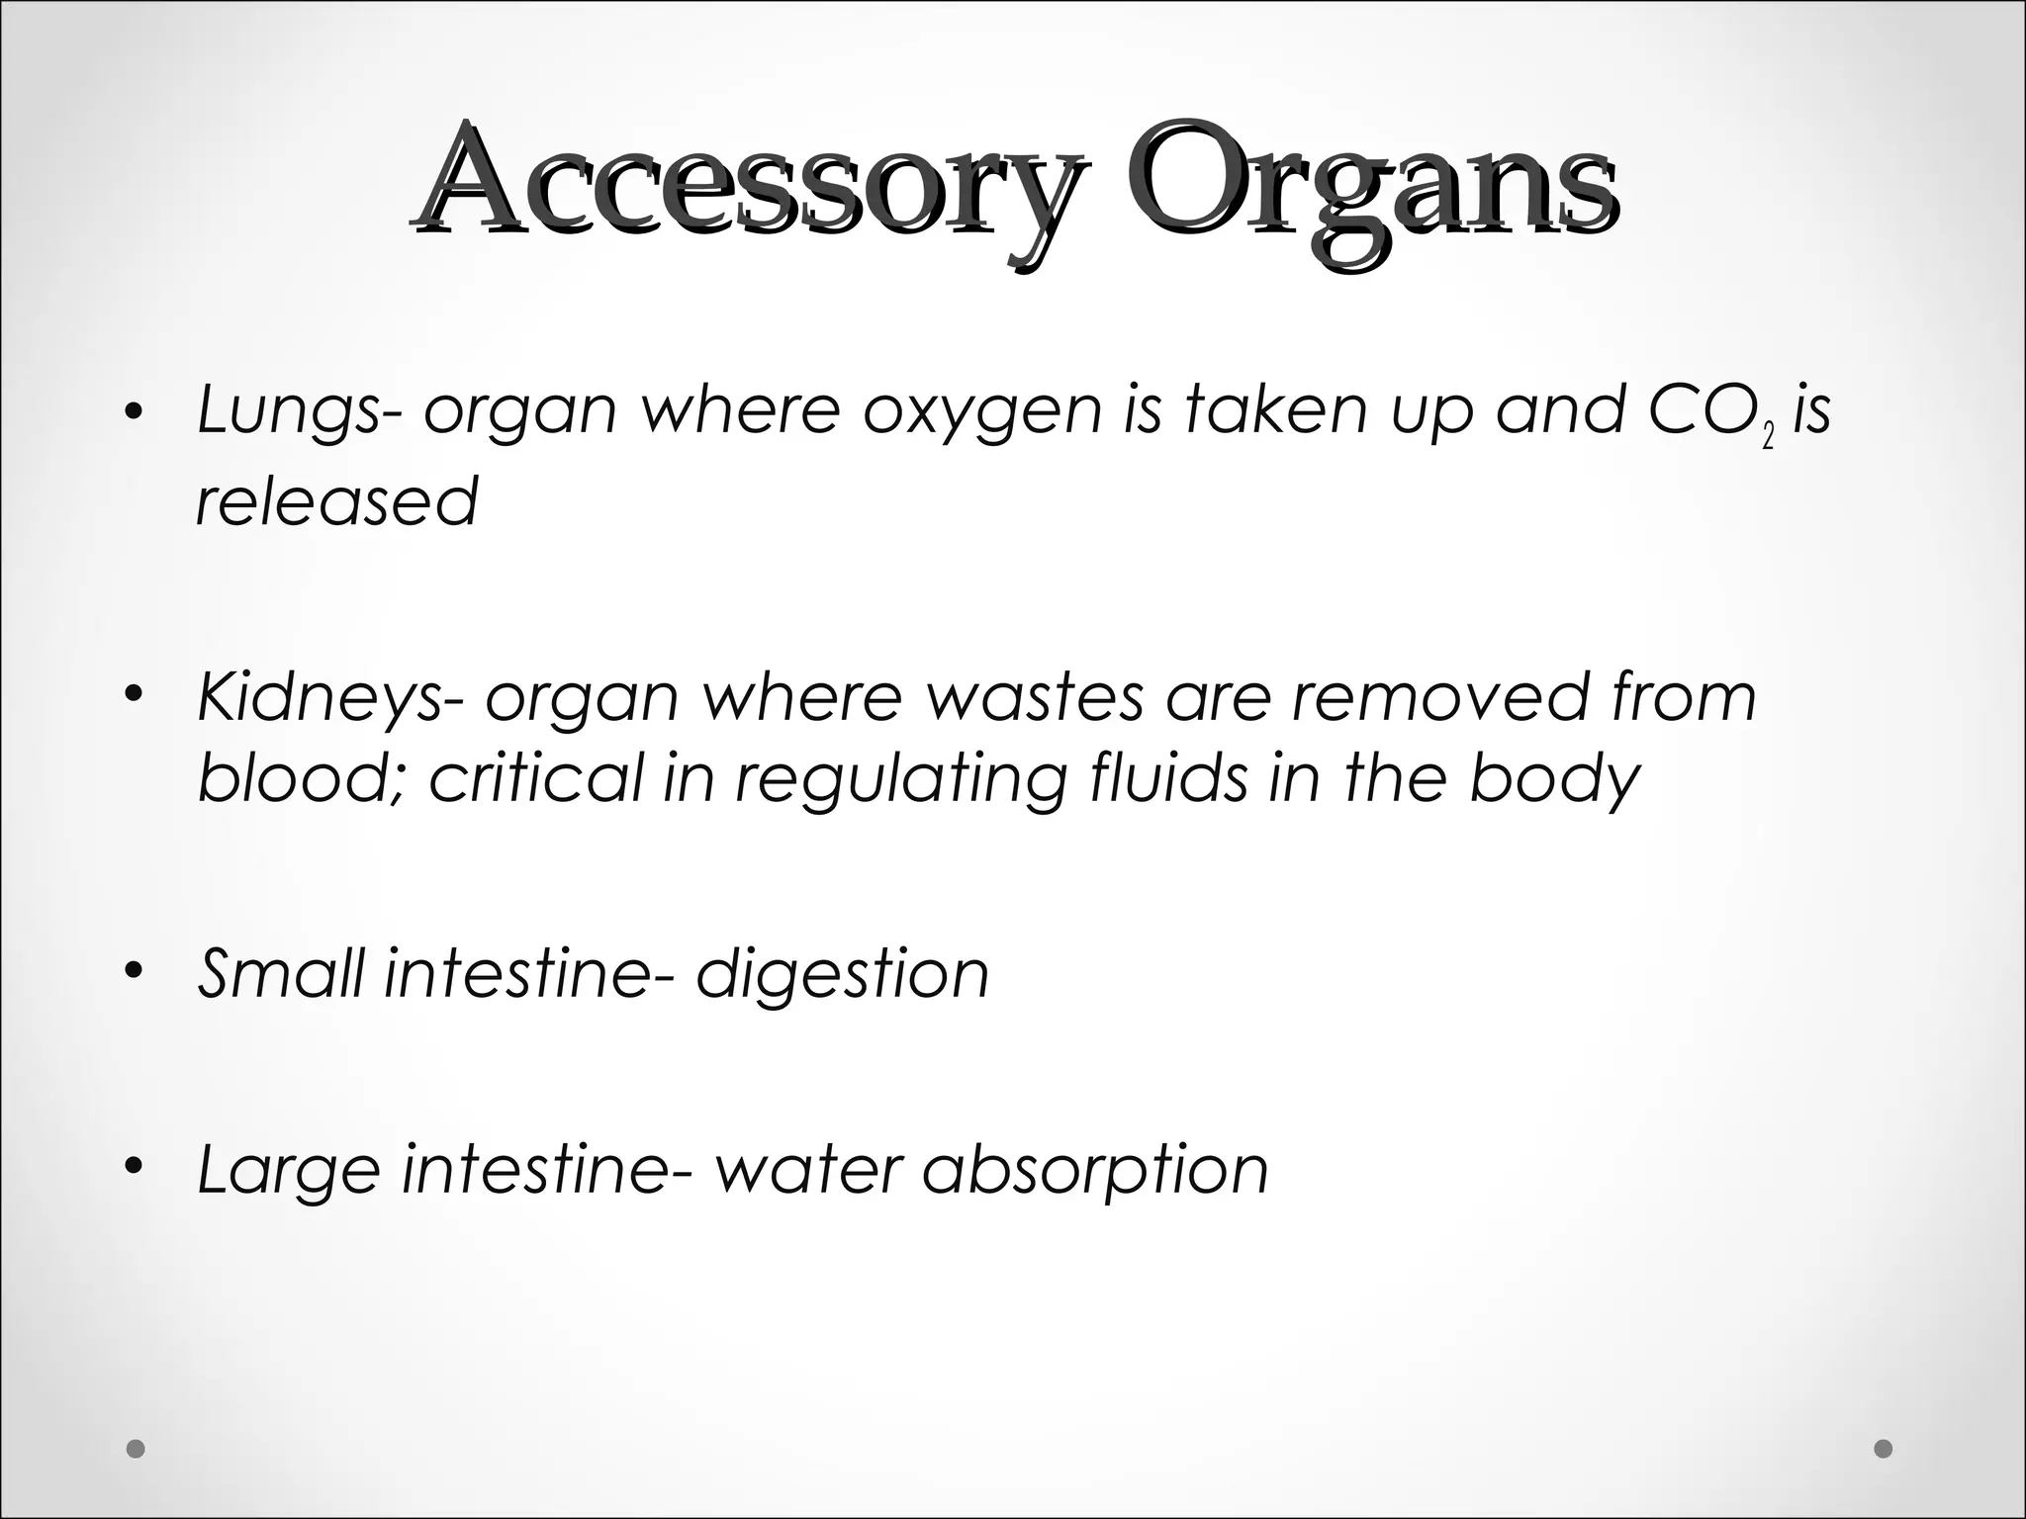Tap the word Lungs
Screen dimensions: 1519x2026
pos(287,410)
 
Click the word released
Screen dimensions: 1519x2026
pos(337,501)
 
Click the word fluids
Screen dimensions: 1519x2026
pos(1168,777)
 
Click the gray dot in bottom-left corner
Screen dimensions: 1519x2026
pos(137,1449)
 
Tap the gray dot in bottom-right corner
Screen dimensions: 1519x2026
pos(1884,1449)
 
